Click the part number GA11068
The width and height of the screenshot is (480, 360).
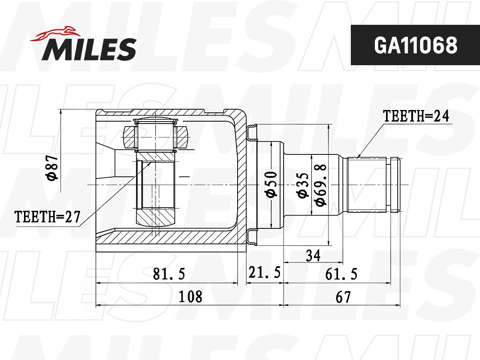click(x=415, y=46)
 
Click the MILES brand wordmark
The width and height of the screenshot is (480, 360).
click(x=89, y=49)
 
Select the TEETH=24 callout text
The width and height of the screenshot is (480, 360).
click(x=416, y=116)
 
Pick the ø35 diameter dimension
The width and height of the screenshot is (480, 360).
click(x=302, y=185)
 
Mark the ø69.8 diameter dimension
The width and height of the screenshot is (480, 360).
click(x=320, y=185)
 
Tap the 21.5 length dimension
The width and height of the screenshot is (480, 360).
click(x=264, y=273)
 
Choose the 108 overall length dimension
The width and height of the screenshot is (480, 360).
click(x=190, y=297)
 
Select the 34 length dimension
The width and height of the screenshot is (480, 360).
click(x=313, y=255)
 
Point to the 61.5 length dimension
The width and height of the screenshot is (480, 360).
click(x=341, y=274)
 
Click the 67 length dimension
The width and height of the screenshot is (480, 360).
click(x=343, y=297)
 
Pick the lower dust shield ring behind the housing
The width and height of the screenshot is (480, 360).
click(x=252, y=236)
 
